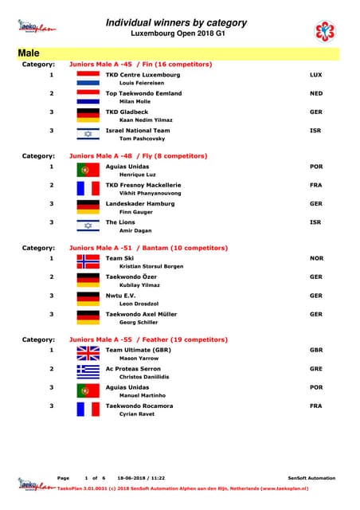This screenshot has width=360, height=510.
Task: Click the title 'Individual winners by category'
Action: (x=176, y=23)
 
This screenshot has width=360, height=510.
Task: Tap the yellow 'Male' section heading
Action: (x=29, y=53)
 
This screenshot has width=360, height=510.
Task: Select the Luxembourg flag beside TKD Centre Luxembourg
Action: (x=88, y=78)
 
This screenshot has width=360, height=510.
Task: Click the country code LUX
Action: (x=315, y=74)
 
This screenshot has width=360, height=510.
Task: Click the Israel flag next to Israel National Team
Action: (x=88, y=134)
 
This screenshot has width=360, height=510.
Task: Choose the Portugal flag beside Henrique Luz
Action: (x=88, y=171)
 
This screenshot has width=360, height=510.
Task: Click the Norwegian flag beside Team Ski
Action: (x=88, y=262)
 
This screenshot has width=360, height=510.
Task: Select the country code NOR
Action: (x=316, y=259)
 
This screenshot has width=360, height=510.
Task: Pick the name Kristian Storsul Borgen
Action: (x=151, y=267)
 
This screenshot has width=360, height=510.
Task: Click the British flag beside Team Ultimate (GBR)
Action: (x=88, y=354)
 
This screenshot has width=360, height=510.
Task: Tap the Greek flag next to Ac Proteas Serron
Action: (x=88, y=372)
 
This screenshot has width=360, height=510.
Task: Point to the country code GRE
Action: (x=315, y=369)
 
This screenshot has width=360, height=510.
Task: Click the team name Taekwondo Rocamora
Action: (x=139, y=406)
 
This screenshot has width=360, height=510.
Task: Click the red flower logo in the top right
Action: (x=326, y=32)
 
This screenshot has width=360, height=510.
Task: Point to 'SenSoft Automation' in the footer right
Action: (x=311, y=478)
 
